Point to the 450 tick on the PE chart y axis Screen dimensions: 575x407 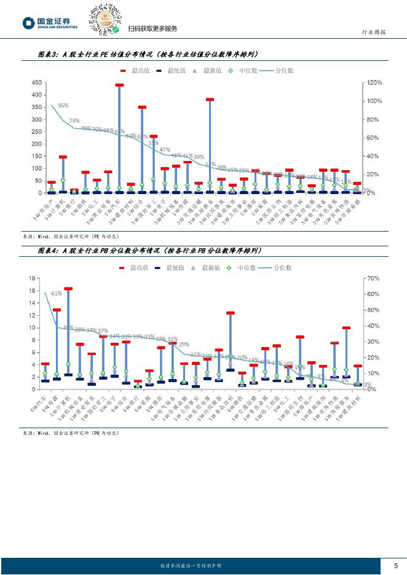36,83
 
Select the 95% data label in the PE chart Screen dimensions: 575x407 63,106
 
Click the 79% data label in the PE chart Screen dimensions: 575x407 74,120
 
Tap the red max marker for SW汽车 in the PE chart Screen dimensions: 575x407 119,85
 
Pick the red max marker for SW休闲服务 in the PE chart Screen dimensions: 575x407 210,99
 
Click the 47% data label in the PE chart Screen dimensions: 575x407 165,149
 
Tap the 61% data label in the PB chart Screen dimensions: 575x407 57,294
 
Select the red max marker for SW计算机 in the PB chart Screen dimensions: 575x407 68,288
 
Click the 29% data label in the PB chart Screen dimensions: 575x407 184,345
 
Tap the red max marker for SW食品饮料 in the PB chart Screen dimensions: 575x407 230,313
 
